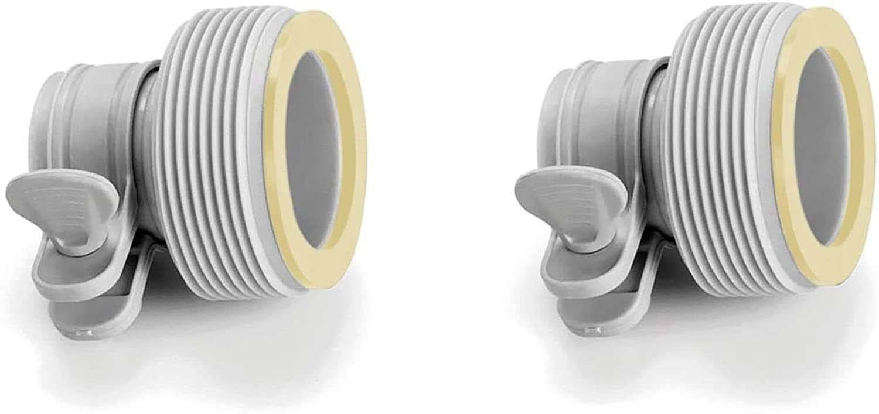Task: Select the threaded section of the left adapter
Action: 211,146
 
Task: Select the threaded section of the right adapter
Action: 718,146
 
